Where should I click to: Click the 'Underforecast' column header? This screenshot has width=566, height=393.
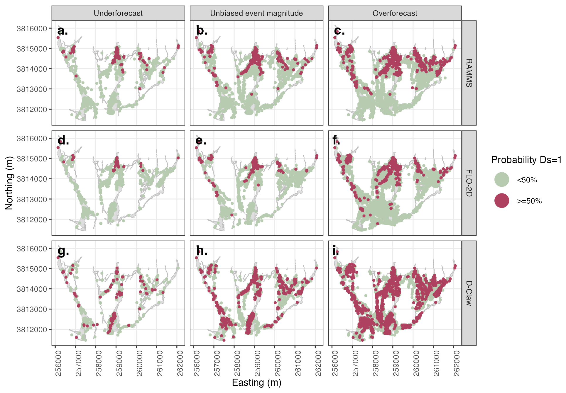pos(118,13)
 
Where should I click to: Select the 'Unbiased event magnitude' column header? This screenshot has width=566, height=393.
pos(256,13)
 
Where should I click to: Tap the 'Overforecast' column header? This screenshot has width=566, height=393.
pos(395,13)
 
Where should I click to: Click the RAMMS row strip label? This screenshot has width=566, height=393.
pos(469,73)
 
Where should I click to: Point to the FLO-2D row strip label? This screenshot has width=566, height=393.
pos(469,183)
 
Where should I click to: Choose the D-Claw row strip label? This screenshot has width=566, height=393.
pos(469,293)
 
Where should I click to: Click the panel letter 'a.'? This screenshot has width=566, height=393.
pos(62,30)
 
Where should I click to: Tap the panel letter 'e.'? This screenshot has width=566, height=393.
pos(201,141)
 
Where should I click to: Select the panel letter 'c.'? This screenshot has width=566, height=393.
pos(339,30)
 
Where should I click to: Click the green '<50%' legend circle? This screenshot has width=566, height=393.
pos(501,180)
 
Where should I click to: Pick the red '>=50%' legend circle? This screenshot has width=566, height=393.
pos(501,201)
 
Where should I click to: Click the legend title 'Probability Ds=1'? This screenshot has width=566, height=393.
pos(526,160)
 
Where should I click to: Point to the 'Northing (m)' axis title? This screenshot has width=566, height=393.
pos(9,183)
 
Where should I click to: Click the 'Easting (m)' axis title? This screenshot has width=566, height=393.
pos(256,382)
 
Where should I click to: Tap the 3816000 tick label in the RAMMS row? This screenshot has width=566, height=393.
pos(32,29)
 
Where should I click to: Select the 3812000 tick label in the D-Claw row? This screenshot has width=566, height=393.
pos(32,330)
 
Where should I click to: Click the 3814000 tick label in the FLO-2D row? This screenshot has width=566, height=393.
pos(32,179)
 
